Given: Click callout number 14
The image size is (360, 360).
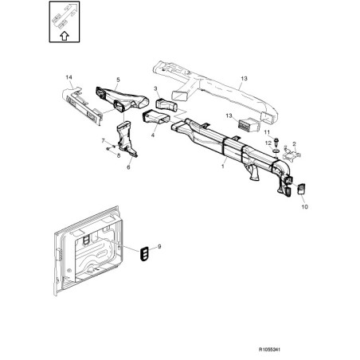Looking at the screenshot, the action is click(68, 77).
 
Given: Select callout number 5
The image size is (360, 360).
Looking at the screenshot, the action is click(118, 80).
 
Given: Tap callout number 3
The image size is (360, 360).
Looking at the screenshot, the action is click(155, 88).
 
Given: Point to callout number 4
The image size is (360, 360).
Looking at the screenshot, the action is click(153, 135).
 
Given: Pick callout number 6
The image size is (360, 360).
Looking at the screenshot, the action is click(128, 167).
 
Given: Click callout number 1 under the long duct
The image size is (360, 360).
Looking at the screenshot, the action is click(223, 166).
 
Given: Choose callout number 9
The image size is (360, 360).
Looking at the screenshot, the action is click(159, 247).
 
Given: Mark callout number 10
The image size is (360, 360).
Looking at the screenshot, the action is click(304, 207).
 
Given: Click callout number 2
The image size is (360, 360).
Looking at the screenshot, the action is click(294, 144).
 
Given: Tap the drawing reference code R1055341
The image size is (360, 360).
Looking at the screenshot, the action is click(269, 350).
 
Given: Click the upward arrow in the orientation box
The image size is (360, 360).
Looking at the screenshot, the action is click(65, 36).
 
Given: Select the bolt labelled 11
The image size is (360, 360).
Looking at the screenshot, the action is click(276, 141).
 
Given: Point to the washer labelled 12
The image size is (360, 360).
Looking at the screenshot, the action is click(276, 151).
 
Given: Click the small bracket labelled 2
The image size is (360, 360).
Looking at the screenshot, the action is click(291, 155).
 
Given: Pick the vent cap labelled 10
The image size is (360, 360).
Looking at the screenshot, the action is click(301, 189).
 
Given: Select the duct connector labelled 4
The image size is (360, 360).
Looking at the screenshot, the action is click(156, 118).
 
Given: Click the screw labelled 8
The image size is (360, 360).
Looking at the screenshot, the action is click(108, 149).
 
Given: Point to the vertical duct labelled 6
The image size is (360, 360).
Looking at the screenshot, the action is click(126, 139).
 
